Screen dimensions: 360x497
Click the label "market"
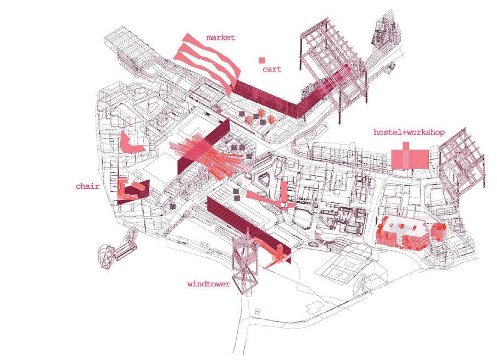(220, 37)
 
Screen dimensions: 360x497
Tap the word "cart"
(271, 69)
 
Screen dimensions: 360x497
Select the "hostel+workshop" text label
(409, 132)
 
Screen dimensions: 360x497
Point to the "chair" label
(88, 186)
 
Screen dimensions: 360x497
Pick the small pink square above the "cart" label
(263, 60)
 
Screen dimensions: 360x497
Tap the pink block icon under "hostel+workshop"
(409, 158)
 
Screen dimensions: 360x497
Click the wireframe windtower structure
(245, 264)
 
